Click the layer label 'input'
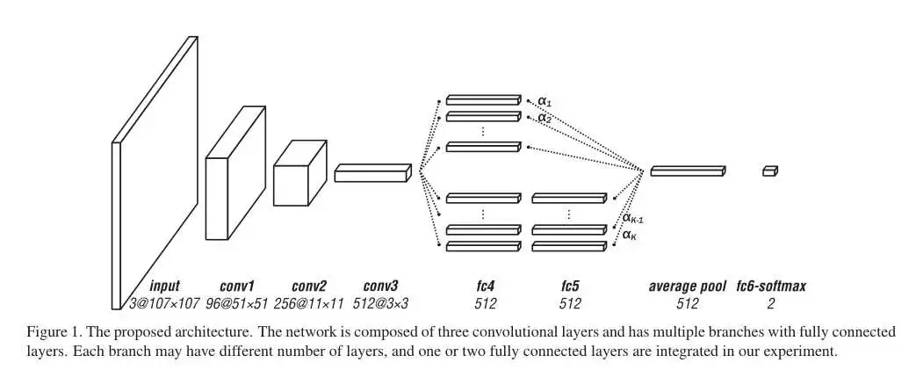click(x=164, y=286)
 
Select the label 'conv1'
click(x=236, y=286)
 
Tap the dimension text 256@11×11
click(x=308, y=303)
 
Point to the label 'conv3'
click(x=380, y=286)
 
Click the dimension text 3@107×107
click(x=164, y=303)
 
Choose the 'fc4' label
click(x=484, y=286)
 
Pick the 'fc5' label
click(x=569, y=286)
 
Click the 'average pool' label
click(x=687, y=286)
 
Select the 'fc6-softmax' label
click(x=771, y=286)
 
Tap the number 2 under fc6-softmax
click(x=771, y=303)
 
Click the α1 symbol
click(x=545, y=101)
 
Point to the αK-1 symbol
click(x=633, y=218)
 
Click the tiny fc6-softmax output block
click(x=770, y=171)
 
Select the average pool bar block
click(x=688, y=170)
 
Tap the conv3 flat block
click(x=372, y=172)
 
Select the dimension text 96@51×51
click(x=236, y=303)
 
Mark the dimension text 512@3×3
click(x=380, y=303)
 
